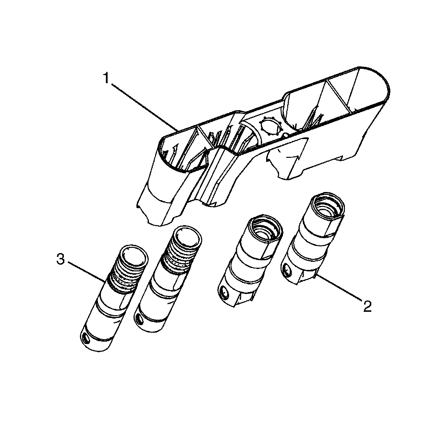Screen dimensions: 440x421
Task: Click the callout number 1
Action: click(106, 78)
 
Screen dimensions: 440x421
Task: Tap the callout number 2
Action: click(367, 306)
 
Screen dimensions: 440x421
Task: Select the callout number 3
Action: click(61, 259)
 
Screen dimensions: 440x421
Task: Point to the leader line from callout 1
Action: click(145, 106)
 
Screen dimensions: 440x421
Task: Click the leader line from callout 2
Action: click(338, 289)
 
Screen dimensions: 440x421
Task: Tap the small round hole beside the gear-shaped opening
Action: click(286, 135)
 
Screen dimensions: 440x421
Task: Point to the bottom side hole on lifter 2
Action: click(287, 270)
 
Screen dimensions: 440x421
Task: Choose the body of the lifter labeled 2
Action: click(309, 242)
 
